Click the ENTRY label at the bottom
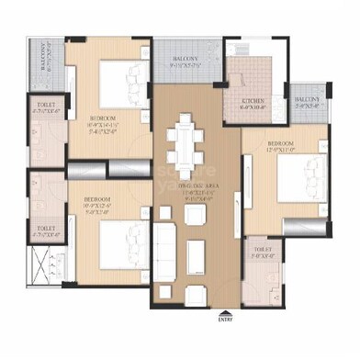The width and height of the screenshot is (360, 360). coord(225,321)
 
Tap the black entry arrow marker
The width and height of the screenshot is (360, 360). coord(225,312)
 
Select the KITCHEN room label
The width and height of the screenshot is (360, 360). coord(253,100)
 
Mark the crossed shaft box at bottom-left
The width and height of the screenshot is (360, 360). coord(43,273)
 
